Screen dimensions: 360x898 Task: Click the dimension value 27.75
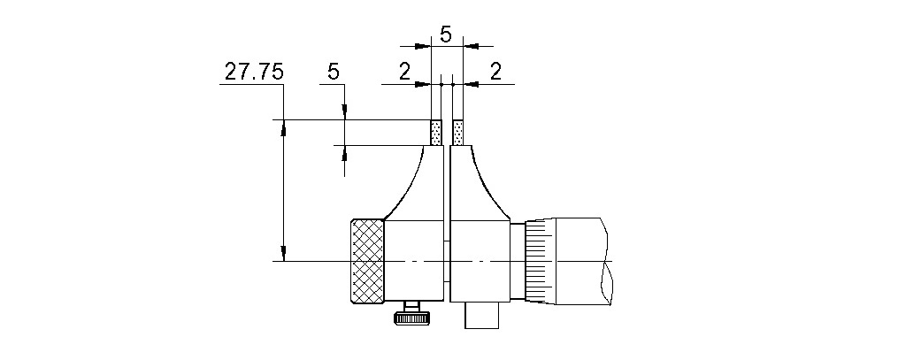point(253,73)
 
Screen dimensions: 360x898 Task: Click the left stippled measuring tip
point(435,133)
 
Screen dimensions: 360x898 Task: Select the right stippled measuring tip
point(457,133)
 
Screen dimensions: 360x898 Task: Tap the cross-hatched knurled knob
point(367,262)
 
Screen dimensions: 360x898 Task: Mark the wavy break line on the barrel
point(606,262)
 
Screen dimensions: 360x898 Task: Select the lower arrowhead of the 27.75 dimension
point(283,253)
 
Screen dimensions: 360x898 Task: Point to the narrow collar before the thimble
point(517,262)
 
